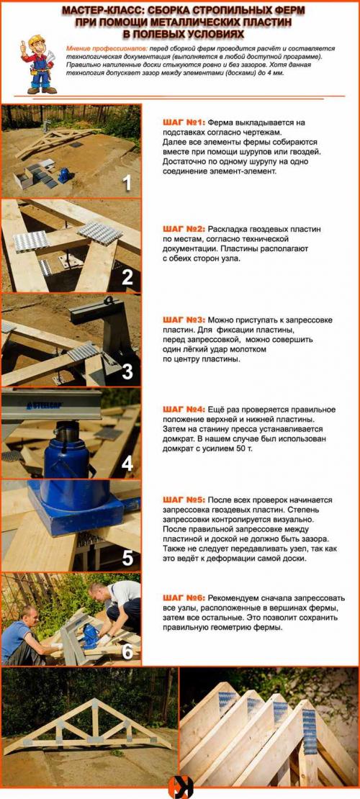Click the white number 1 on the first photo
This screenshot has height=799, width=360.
coord(127,183)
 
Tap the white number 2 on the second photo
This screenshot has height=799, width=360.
coord(127,277)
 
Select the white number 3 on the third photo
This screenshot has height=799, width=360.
coord(127,372)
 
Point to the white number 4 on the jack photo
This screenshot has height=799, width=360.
coord(127,463)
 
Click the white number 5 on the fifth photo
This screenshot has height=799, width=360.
coord(127,559)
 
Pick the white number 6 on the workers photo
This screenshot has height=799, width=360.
coord(127,651)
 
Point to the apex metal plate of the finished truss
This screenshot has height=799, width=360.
coord(94,703)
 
